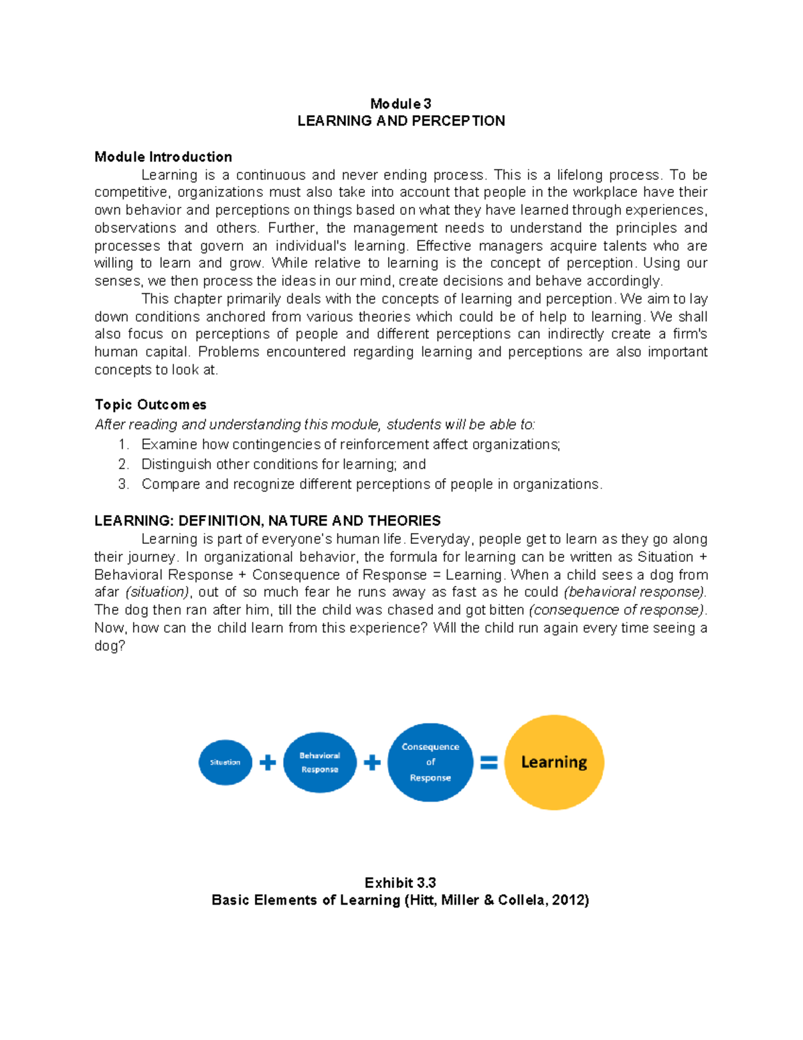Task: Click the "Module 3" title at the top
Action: click(401, 104)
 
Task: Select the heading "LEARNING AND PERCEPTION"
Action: click(401, 121)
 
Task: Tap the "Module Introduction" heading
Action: click(163, 157)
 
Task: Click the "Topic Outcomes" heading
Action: click(151, 404)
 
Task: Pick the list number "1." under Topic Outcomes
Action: click(123, 445)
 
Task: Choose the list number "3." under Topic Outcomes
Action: click(123, 484)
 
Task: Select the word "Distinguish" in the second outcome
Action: click(175, 464)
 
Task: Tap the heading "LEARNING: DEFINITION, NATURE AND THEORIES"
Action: click(268, 521)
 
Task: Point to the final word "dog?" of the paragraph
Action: click(110, 646)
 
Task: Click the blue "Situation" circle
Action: click(226, 762)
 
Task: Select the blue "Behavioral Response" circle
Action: click(320, 762)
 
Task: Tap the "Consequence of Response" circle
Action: click(430, 762)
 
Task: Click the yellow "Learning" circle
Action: click(554, 762)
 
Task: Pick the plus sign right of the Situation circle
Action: click(268, 762)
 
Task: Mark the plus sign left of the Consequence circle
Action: click(372, 762)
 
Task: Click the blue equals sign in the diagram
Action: click(489, 762)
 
